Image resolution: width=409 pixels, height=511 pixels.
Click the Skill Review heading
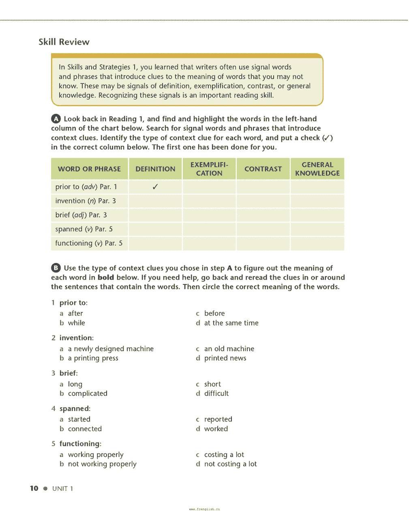click(64, 42)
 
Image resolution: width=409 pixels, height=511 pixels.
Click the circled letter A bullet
click(56, 119)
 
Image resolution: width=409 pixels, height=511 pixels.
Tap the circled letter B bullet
click(56, 268)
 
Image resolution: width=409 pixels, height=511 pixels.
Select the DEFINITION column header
click(155, 169)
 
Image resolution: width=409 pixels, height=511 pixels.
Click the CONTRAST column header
click(263, 169)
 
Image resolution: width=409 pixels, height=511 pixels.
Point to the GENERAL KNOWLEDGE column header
click(317, 169)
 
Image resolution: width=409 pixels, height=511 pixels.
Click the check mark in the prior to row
click(155, 187)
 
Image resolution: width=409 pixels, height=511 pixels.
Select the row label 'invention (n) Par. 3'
click(86, 201)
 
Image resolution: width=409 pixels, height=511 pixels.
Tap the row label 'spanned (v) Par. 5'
click(84, 229)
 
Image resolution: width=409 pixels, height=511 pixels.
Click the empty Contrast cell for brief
click(263, 215)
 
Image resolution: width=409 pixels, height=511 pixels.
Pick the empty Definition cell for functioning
click(155, 244)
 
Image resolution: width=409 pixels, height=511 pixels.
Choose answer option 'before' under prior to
click(214, 314)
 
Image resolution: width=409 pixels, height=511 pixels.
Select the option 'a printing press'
click(93, 358)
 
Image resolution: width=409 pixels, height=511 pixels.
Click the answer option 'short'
click(212, 384)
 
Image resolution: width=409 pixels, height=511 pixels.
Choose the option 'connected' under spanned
click(85, 429)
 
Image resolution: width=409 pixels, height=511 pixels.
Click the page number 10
click(34, 488)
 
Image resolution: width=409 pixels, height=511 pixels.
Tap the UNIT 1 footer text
click(63, 489)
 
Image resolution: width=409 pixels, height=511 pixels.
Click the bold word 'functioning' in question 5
click(79, 444)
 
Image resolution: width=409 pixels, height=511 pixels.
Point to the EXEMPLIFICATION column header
click(209, 169)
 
